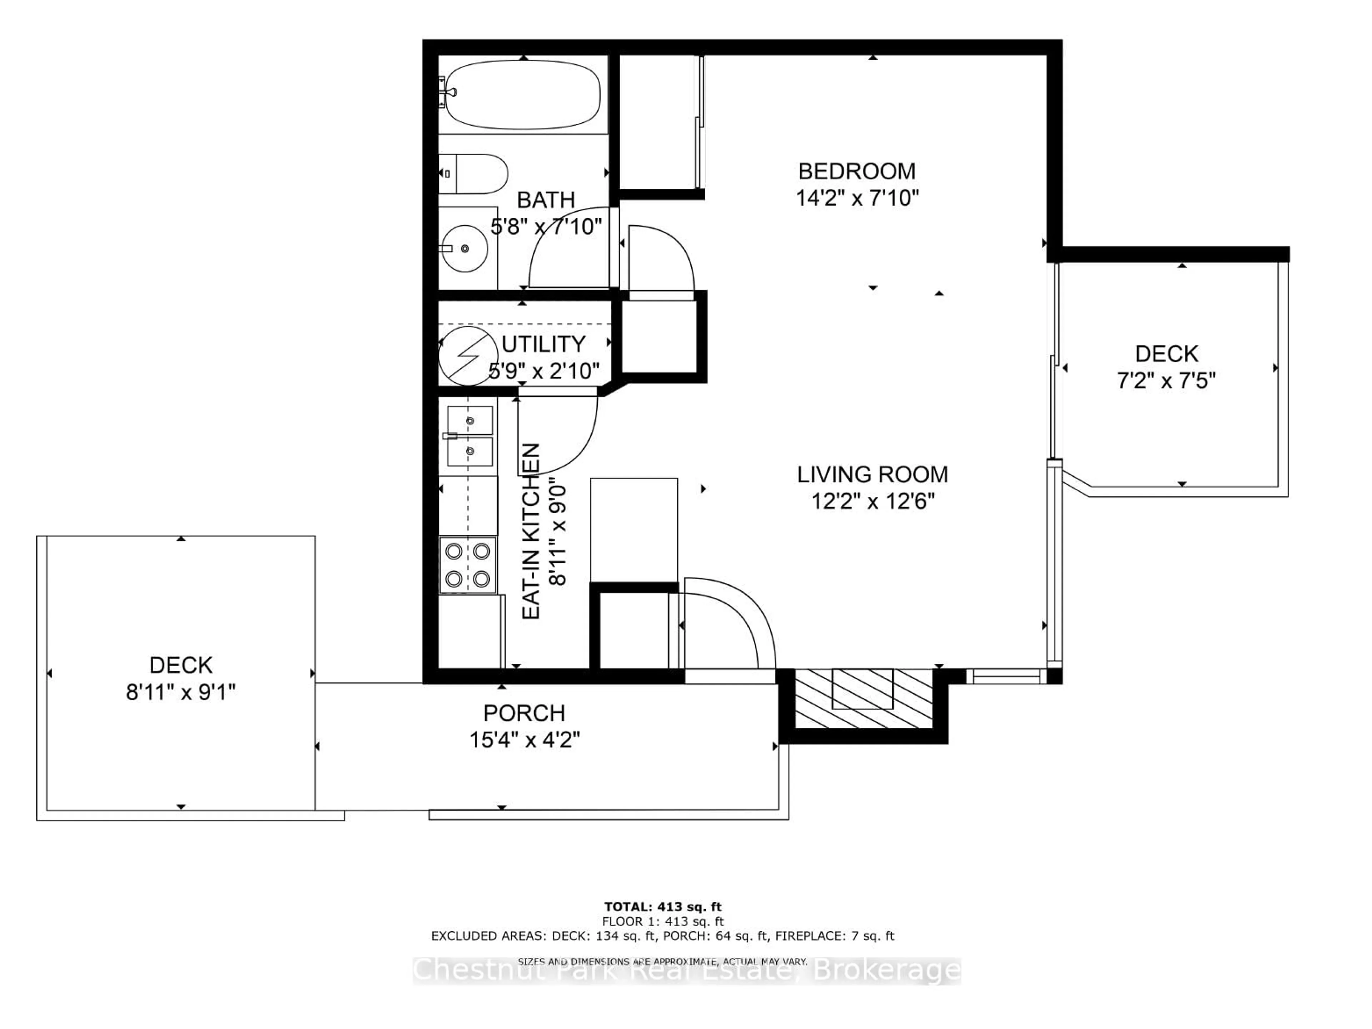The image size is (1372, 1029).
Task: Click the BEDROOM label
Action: click(x=856, y=171)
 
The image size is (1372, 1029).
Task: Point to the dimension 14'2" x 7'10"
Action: click(x=856, y=198)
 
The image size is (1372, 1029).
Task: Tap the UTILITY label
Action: click(x=543, y=344)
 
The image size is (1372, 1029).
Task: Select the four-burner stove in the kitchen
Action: click(x=468, y=565)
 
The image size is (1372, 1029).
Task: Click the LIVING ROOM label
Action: click(x=872, y=474)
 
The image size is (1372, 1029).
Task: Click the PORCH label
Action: click(x=524, y=713)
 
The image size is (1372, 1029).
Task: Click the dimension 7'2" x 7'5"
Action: click(x=1166, y=380)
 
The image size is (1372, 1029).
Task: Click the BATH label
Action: click(x=546, y=200)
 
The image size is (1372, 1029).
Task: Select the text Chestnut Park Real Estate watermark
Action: click(x=687, y=970)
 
